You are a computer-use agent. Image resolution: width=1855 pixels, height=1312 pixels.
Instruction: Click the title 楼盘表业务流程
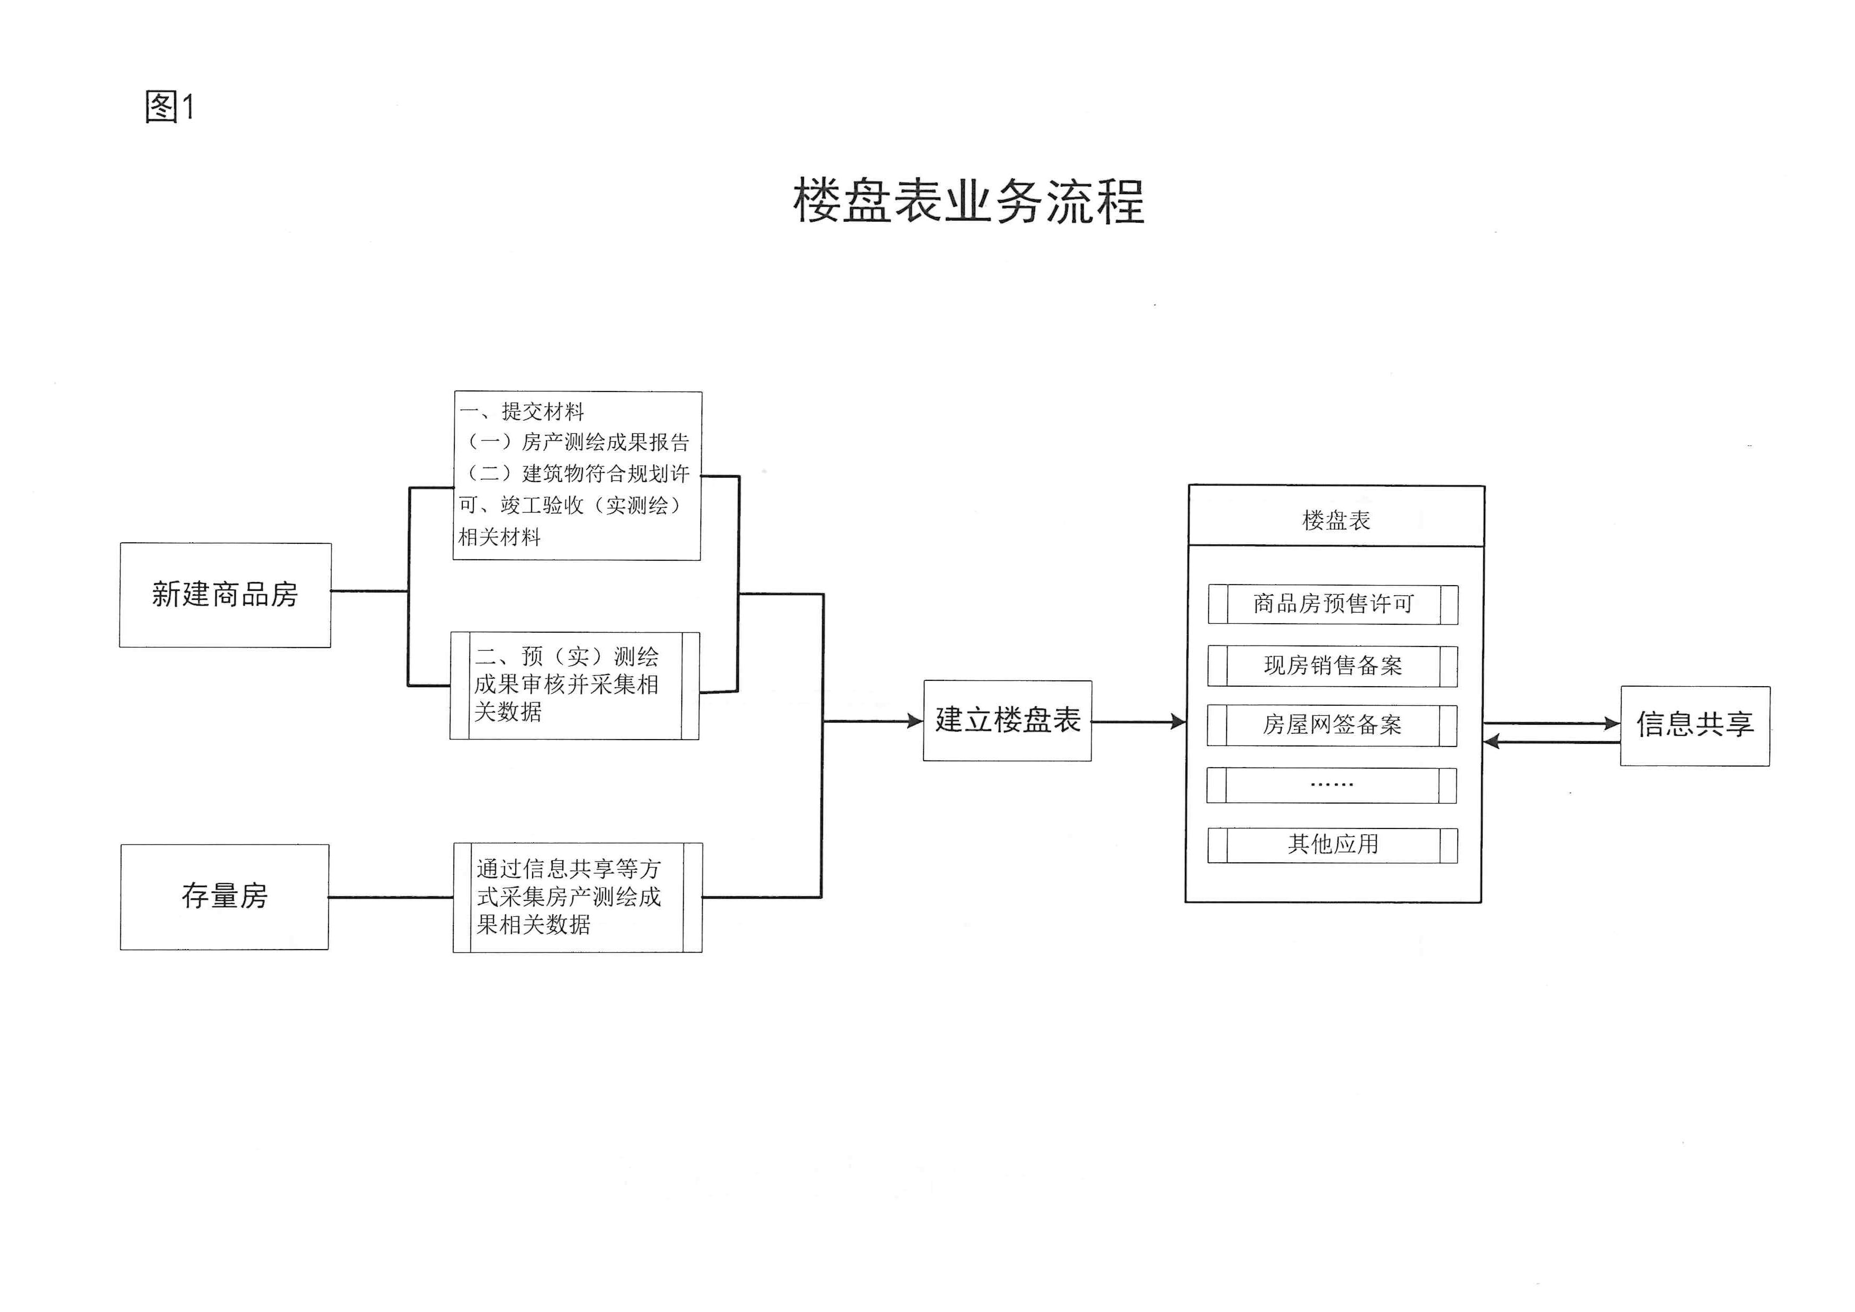[968, 201]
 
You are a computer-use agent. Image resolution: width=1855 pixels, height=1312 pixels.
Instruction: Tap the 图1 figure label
[170, 107]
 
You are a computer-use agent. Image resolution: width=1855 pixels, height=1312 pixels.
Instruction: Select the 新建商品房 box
[225, 595]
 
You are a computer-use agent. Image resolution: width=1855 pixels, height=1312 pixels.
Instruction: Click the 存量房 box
[225, 897]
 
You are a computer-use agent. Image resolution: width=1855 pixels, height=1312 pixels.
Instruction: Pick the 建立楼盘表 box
[1008, 721]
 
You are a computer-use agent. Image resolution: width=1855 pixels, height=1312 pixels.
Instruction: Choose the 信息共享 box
[1695, 725]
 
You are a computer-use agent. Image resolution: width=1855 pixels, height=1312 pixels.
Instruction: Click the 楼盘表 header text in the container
[1336, 520]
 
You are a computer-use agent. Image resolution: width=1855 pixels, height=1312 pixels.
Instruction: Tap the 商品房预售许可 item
[1333, 604]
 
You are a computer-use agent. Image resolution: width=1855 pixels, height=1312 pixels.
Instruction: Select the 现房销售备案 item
[1333, 666]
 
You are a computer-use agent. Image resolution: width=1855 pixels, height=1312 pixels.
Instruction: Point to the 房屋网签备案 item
[1332, 725]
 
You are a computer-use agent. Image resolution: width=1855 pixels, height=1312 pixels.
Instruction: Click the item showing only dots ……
[1331, 785]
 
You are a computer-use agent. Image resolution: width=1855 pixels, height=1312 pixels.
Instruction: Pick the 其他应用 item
[1333, 845]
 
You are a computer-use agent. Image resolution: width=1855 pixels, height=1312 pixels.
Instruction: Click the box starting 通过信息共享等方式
[578, 898]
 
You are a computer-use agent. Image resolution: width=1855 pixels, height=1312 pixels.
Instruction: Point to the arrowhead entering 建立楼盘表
[916, 722]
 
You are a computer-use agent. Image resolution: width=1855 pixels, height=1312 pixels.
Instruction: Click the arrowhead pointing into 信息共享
[1612, 724]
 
